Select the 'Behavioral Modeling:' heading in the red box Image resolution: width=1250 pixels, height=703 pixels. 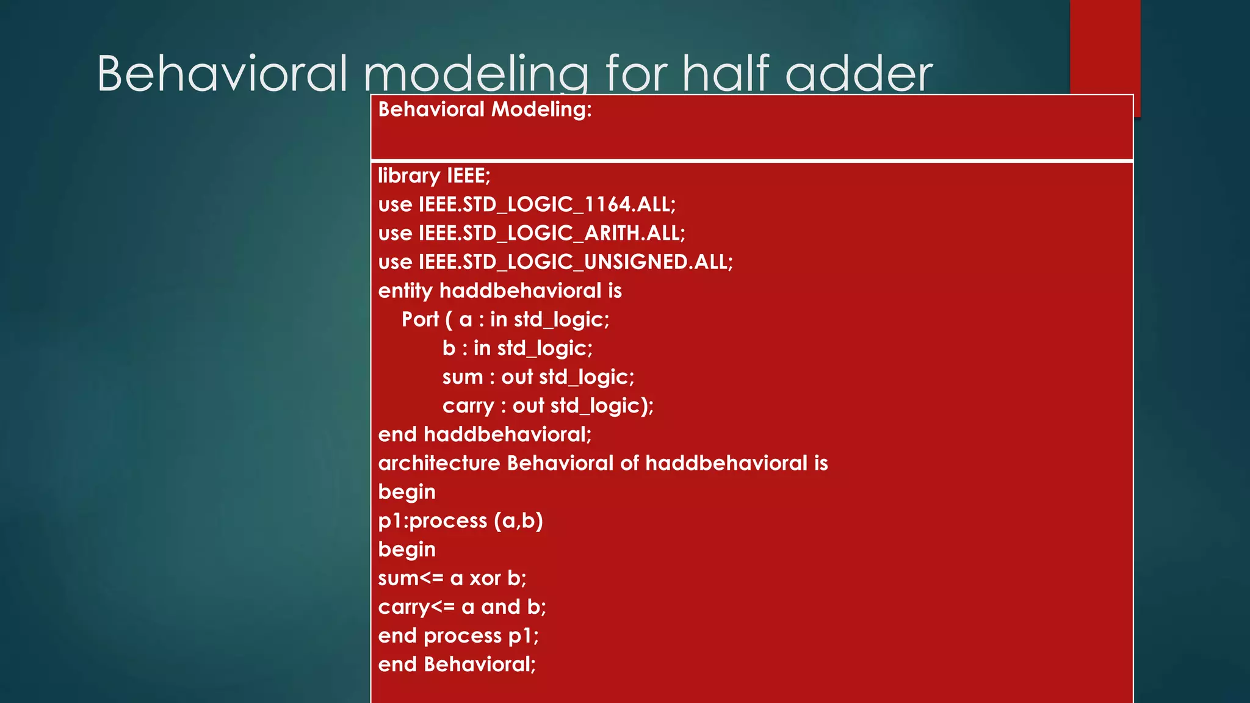coord(485,109)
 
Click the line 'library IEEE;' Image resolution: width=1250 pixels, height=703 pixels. coord(434,176)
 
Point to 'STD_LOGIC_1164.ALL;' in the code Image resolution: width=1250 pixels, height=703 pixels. coord(569,204)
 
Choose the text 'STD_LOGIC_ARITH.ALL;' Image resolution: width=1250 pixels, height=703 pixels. coord(574,233)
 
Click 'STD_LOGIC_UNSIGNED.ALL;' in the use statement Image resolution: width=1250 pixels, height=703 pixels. coord(598,262)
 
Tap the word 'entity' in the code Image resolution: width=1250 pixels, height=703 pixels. coord(405,290)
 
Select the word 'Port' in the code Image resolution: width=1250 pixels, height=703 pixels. coord(420,319)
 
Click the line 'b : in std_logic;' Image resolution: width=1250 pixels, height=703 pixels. coord(517,348)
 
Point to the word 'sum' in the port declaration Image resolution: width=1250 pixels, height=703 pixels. coord(463,377)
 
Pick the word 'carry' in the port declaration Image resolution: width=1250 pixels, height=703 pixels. coord(468,406)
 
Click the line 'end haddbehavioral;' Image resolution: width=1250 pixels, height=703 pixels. coord(485,434)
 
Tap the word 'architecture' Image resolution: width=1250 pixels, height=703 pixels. coord(439,463)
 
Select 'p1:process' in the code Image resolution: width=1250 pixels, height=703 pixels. coord(433,521)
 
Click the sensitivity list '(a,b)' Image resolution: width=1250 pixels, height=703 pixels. coord(518,521)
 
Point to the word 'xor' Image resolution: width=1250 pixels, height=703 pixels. coord(485,579)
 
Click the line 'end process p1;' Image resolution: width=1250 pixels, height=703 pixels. coord(458,636)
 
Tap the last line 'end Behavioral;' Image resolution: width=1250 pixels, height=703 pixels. coord(457,665)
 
